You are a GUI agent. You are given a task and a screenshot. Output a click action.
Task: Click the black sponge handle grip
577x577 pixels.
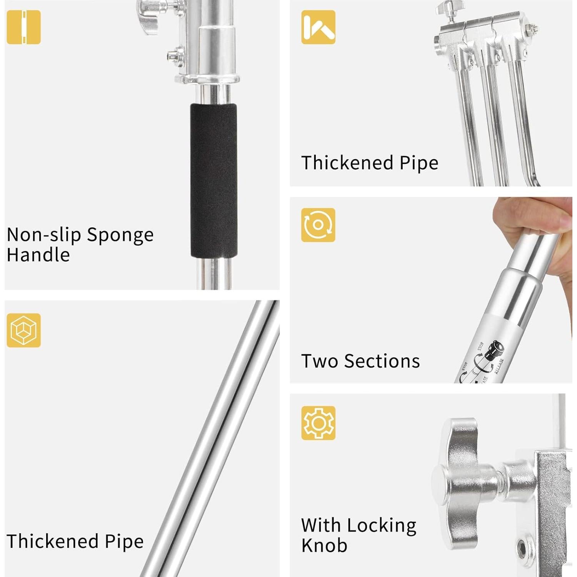(213, 181)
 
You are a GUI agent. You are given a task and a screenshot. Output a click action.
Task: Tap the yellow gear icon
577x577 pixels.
(318, 423)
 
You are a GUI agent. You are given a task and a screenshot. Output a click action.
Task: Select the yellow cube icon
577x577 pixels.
(23, 330)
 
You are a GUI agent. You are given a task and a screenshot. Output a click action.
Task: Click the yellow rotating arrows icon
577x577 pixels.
(318, 225)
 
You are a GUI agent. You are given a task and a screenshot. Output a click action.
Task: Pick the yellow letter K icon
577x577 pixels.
(318, 27)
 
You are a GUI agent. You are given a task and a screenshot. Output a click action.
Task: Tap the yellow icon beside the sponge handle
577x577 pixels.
(23, 27)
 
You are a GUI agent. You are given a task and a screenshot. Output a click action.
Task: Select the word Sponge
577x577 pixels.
(120, 235)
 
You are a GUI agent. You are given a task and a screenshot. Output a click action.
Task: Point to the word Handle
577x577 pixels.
(38, 255)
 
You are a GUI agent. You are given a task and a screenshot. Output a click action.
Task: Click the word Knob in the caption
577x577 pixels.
(324, 545)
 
